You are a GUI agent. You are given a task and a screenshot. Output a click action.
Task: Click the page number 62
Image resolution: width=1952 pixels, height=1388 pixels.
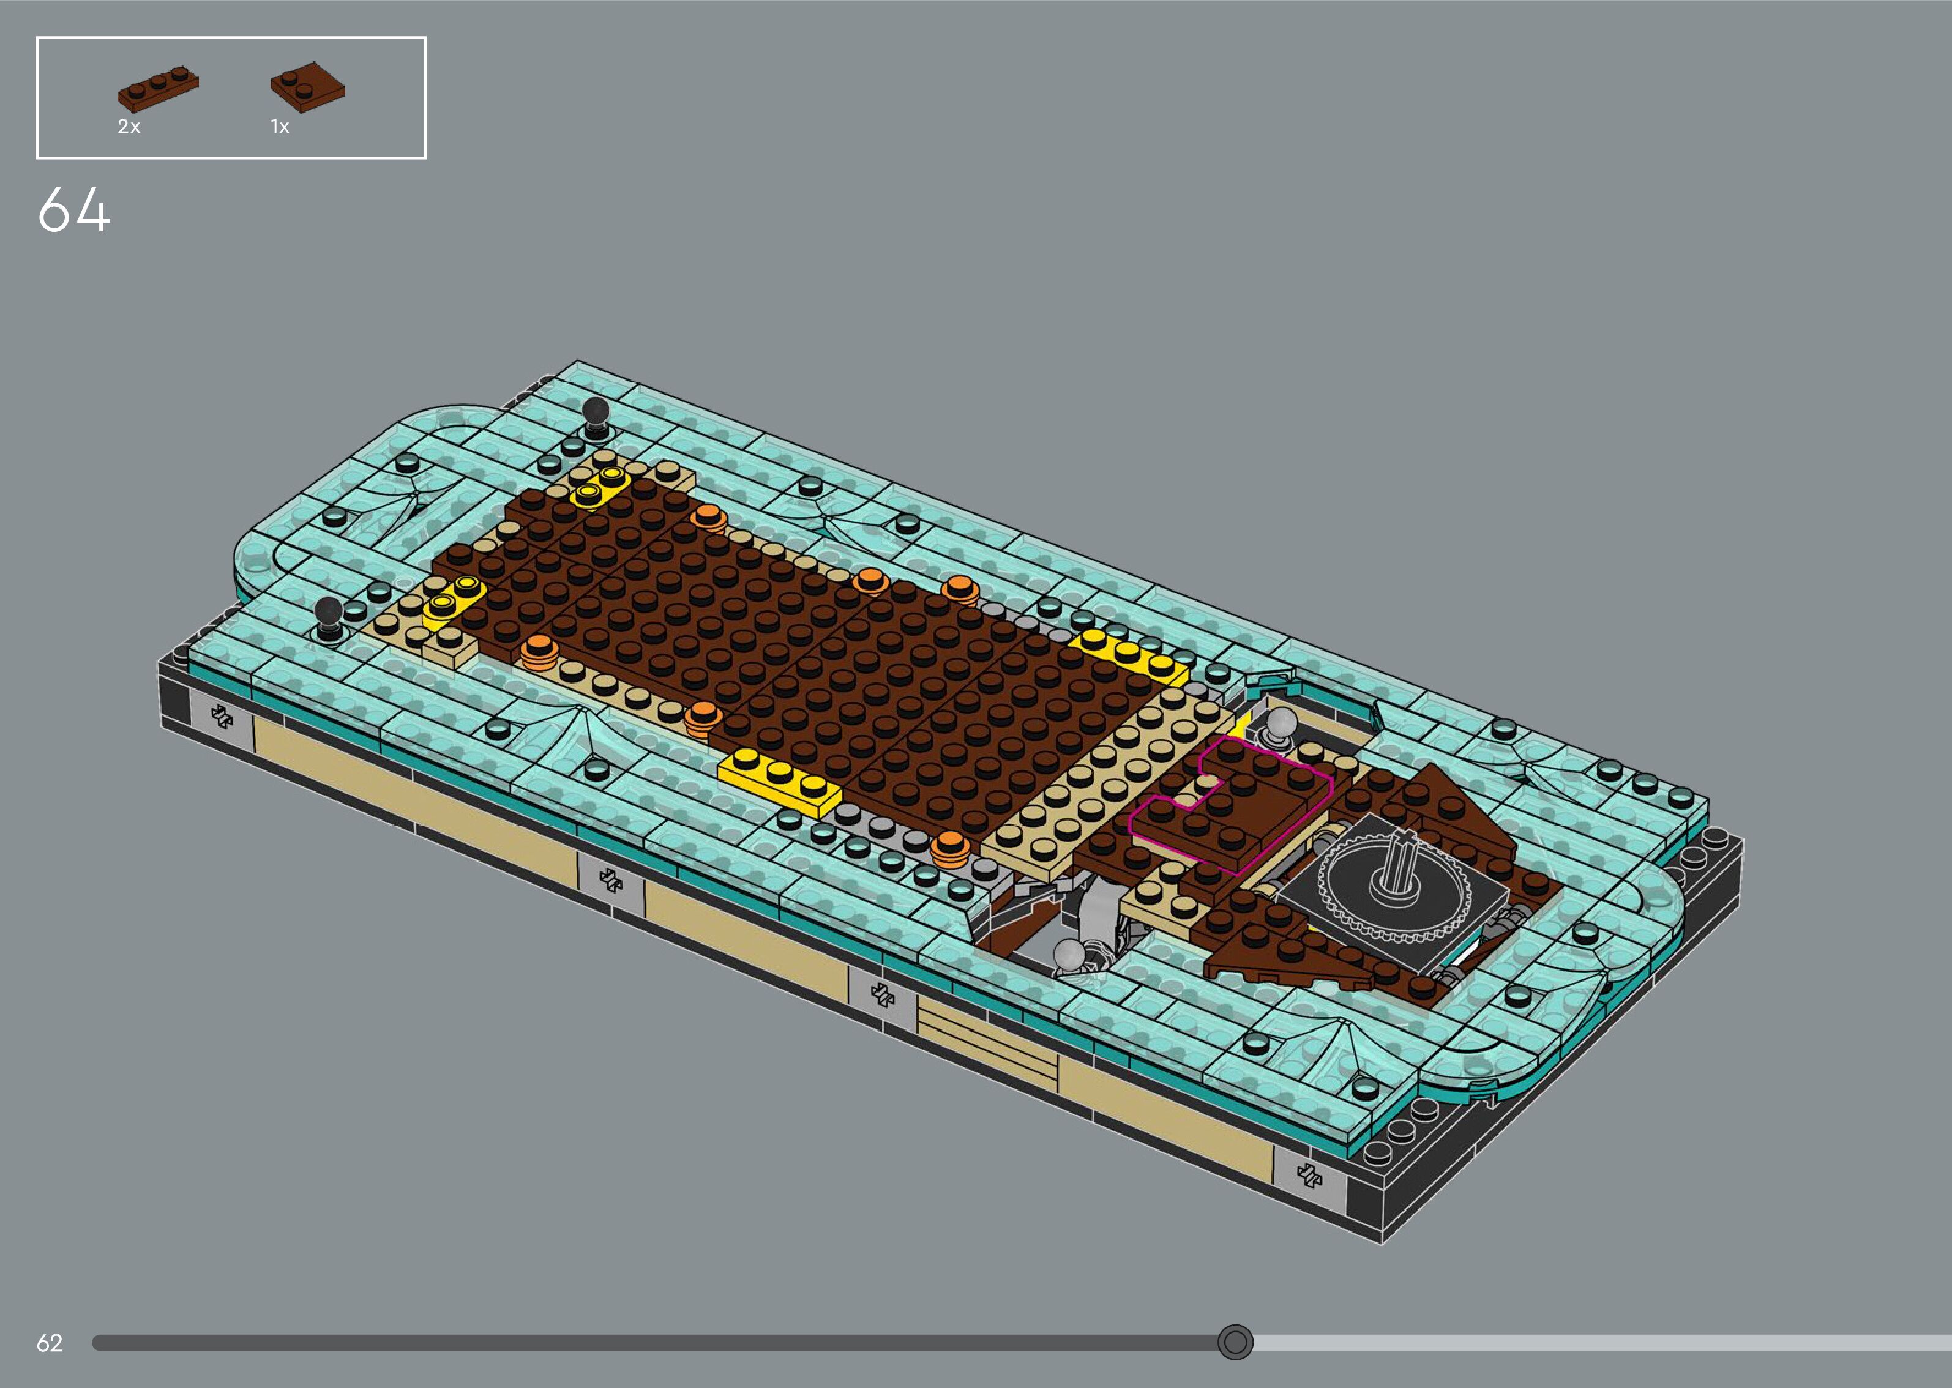pos(50,1343)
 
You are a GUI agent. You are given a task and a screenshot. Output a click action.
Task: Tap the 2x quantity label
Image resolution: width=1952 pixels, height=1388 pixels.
pos(129,127)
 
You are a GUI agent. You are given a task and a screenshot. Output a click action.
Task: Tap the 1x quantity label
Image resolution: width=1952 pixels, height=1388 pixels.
pos(280,127)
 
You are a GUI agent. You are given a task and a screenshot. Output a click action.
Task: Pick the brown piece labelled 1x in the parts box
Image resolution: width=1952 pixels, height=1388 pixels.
pos(308,86)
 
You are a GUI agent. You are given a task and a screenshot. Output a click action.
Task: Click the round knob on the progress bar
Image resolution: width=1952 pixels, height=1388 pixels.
pos(1235,1342)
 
